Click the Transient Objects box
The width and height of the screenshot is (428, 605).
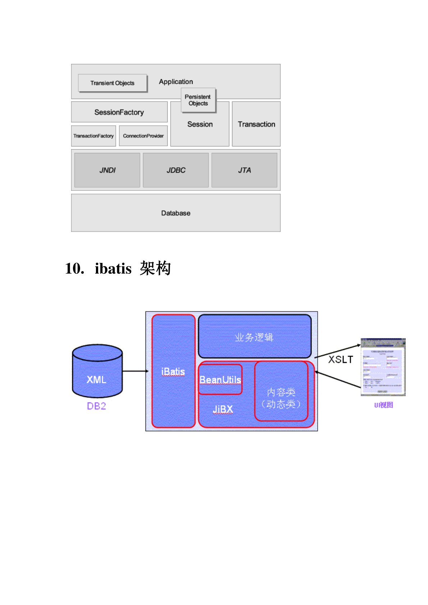click(112, 83)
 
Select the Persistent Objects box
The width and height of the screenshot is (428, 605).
click(198, 100)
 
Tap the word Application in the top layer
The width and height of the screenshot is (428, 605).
click(176, 82)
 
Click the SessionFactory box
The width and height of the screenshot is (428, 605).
click(119, 112)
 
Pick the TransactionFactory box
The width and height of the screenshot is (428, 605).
click(93, 136)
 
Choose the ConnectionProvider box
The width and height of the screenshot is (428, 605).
click(143, 136)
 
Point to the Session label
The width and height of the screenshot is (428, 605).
click(200, 124)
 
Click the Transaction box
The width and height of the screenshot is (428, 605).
click(256, 124)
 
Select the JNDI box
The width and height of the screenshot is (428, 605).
click(107, 170)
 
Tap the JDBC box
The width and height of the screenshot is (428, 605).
click(176, 170)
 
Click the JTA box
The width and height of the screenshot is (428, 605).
click(244, 170)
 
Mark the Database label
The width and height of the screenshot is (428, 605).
click(176, 213)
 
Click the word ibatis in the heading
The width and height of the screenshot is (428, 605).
click(113, 268)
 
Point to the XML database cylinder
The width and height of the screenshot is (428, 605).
click(97, 372)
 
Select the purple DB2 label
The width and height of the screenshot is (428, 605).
click(96, 406)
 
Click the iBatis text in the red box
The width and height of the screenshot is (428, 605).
click(173, 371)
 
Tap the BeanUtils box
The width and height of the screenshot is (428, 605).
click(220, 379)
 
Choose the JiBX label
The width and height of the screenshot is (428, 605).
click(223, 409)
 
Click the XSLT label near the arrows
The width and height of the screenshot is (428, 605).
click(340, 359)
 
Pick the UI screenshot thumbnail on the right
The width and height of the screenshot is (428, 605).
click(383, 367)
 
